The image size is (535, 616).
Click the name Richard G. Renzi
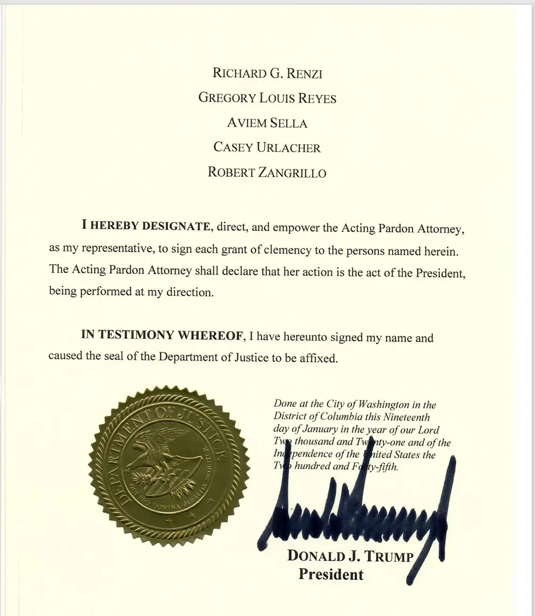(x=267, y=73)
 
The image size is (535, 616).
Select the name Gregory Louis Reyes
(x=267, y=98)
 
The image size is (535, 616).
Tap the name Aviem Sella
(x=267, y=123)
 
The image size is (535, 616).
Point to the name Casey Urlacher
(x=267, y=147)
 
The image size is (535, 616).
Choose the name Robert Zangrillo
(x=267, y=172)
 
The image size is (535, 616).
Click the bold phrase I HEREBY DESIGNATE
(x=146, y=226)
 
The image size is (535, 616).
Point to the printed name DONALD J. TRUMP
(x=350, y=556)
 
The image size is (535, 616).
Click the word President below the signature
(x=331, y=575)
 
